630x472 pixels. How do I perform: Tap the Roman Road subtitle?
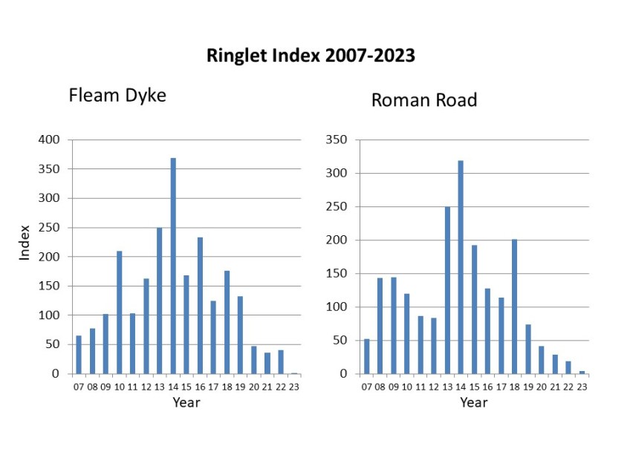pos(424,100)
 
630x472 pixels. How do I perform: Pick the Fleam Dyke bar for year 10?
pos(119,312)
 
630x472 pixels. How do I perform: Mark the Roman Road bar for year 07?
pos(366,356)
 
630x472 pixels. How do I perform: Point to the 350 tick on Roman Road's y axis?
pos(337,140)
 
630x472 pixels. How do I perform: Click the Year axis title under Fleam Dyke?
pos(186,402)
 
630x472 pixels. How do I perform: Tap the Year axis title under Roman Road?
pos(473,402)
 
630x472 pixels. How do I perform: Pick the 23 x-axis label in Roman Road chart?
pos(582,387)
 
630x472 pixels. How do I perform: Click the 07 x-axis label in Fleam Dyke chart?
pos(79,387)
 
